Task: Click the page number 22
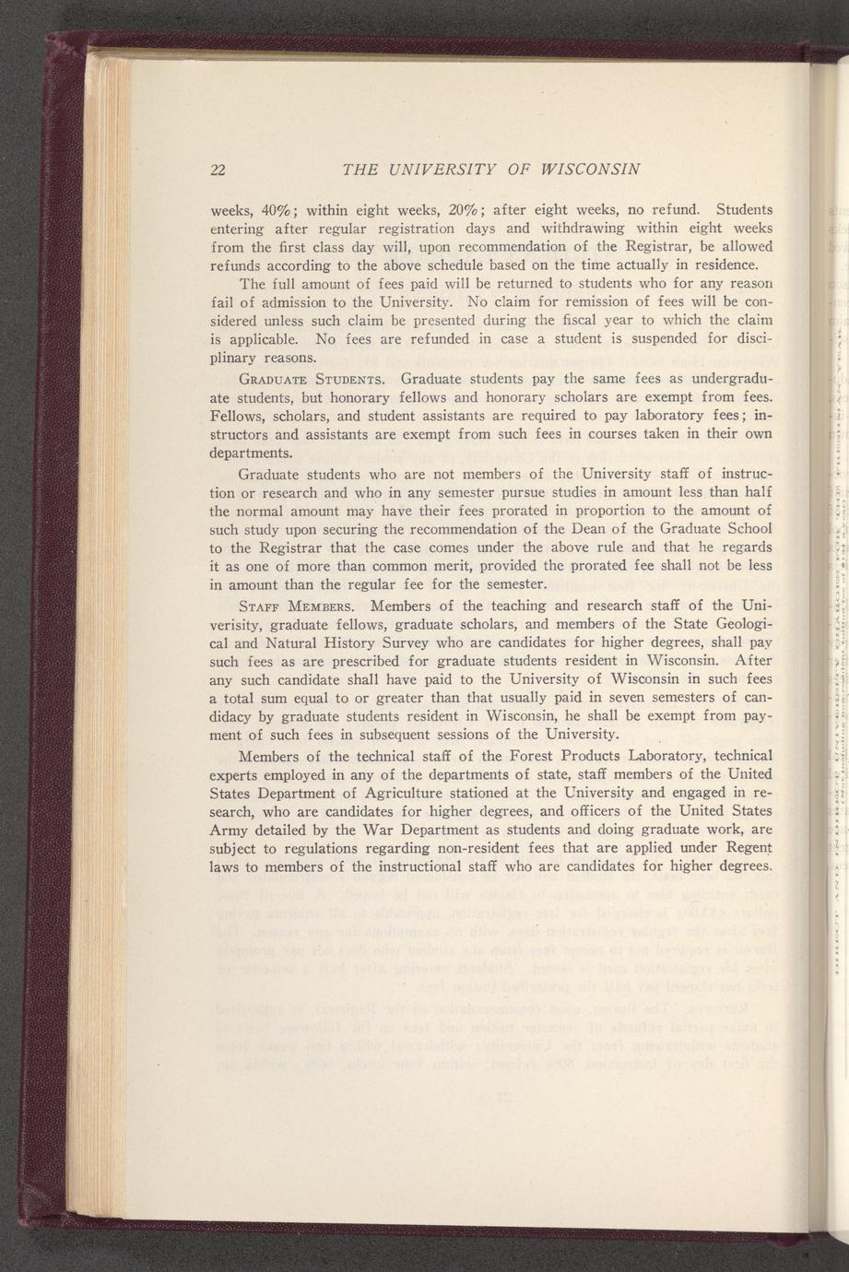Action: point(218,170)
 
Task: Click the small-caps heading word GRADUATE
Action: point(273,378)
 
